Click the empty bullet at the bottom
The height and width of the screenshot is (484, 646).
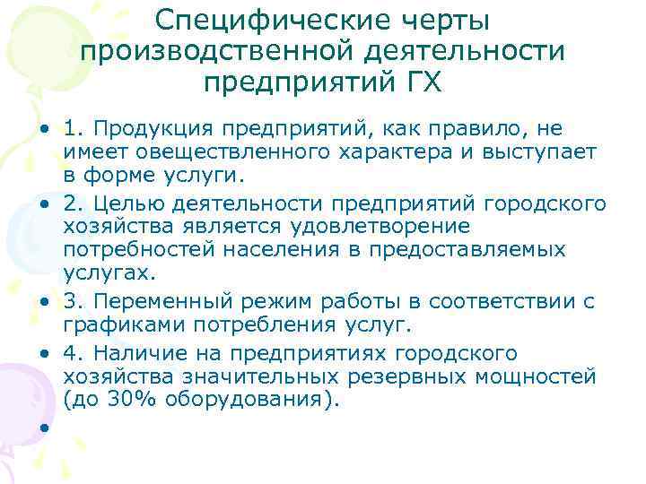[42, 428]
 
